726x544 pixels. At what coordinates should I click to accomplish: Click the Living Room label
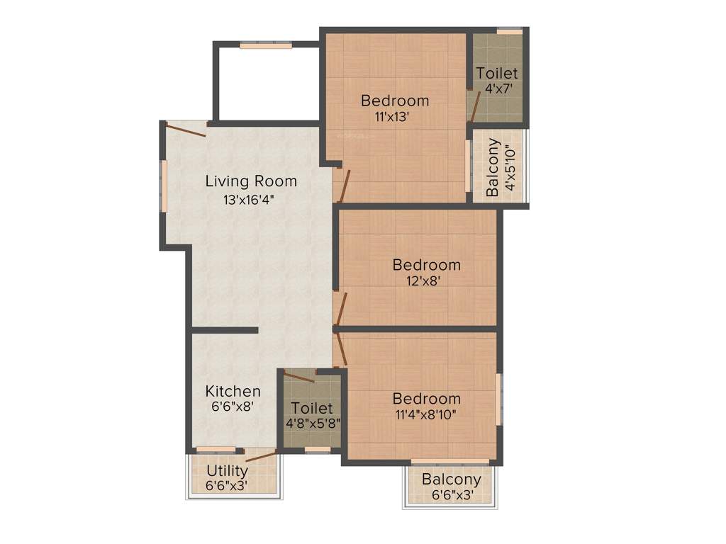251,181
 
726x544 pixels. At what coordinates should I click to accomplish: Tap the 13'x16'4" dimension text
249,200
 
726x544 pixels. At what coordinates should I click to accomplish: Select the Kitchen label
233,391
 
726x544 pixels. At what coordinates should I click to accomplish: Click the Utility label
227,471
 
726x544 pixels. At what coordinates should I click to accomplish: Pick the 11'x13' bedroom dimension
392,118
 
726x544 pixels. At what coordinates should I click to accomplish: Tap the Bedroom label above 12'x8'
426,265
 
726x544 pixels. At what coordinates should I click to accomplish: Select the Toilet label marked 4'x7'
497,73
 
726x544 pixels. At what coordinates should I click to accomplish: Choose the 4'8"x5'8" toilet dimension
313,424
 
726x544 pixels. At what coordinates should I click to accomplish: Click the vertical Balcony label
493,168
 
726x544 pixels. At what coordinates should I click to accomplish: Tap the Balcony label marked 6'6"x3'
452,480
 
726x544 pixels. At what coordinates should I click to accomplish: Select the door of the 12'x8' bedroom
341,310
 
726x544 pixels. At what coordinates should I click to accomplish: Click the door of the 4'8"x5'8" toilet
299,376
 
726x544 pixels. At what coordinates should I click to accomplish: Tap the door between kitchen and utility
261,455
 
